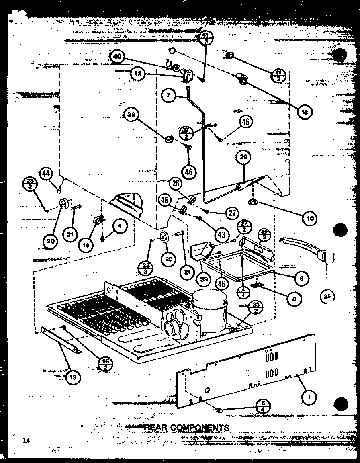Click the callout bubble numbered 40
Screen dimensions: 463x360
117,57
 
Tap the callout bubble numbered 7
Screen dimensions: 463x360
169,95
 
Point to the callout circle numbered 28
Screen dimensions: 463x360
132,115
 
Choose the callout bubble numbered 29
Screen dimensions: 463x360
243,158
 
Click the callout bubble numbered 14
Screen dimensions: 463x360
85,245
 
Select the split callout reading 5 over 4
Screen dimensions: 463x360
263,407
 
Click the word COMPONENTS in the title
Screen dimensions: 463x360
199,428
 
